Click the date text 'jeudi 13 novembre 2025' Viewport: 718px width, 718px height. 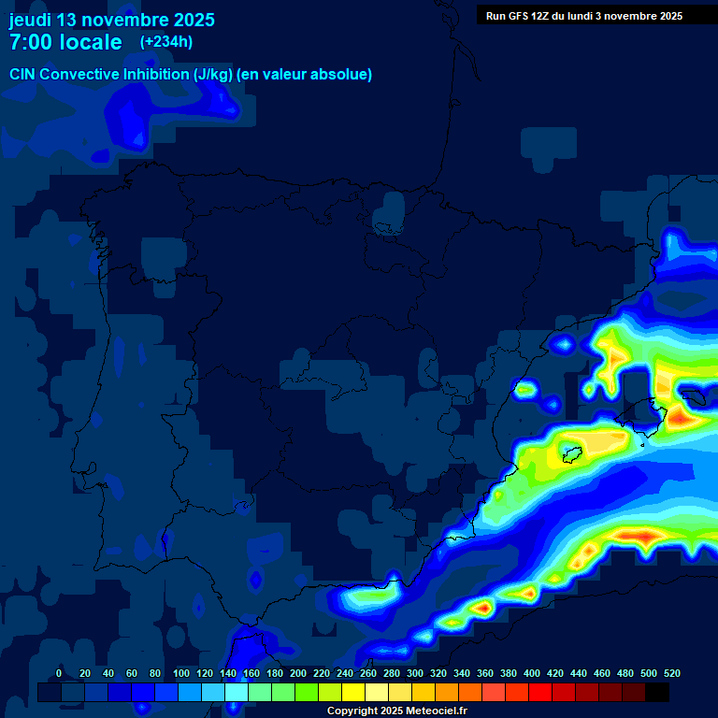[x=111, y=20]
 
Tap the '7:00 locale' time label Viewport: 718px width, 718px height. [x=65, y=43]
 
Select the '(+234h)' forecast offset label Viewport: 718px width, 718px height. [x=166, y=41]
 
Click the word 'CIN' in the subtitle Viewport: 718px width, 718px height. [x=23, y=75]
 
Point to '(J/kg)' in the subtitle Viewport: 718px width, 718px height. [x=212, y=75]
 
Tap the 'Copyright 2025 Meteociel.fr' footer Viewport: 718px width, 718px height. [x=396, y=711]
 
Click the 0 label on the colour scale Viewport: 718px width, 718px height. [x=59, y=673]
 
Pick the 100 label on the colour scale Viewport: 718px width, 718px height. [x=181, y=673]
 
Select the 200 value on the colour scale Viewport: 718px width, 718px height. [x=298, y=673]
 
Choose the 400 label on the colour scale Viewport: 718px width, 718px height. [x=532, y=673]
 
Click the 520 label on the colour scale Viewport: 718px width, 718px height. [x=672, y=673]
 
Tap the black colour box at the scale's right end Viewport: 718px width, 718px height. [x=657, y=692]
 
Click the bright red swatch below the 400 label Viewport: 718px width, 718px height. [x=540, y=692]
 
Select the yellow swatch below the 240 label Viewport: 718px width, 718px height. [x=353, y=692]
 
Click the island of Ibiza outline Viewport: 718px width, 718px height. [x=569, y=455]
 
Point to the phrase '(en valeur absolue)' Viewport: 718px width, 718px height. [x=305, y=75]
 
